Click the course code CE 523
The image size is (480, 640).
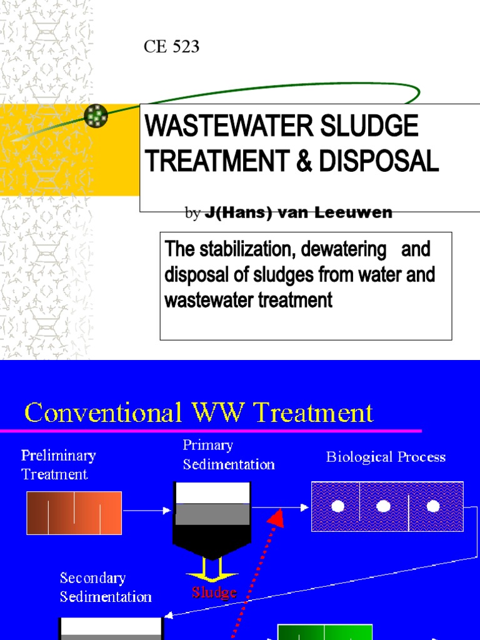[x=172, y=46]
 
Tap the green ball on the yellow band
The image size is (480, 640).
[x=96, y=115]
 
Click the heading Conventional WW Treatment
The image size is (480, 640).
[x=199, y=412]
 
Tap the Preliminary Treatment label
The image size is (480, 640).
[x=58, y=464]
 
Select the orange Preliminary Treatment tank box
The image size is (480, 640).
[x=74, y=512]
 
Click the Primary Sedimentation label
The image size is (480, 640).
[x=228, y=454]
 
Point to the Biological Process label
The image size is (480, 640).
[x=386, y=457]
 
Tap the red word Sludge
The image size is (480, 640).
[x=214, y=592]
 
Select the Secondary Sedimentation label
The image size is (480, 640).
[x=106, y=587]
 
